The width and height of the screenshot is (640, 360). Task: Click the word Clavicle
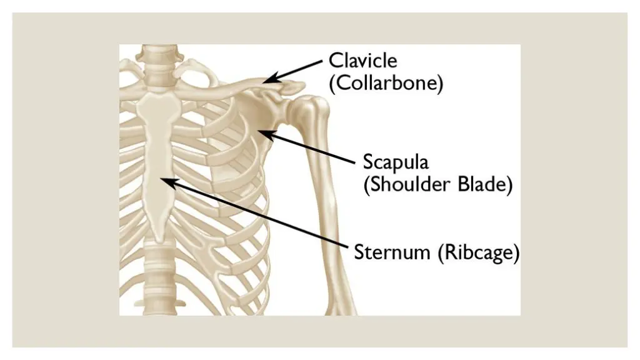(362, 61)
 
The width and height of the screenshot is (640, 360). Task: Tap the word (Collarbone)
(386, 84)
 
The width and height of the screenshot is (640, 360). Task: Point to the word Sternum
(392, 253)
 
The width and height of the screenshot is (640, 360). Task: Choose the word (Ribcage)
(478, 253)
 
